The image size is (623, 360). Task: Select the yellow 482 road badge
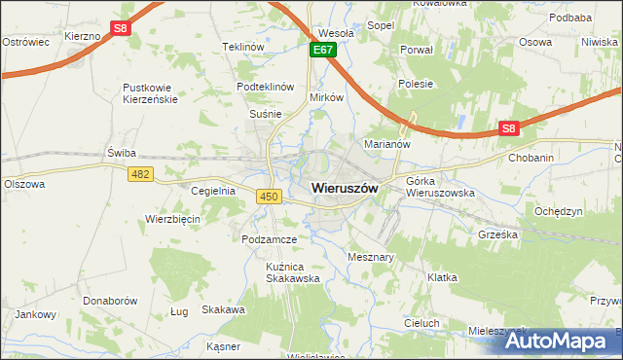point(139,172)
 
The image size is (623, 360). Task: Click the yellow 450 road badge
point(270,197)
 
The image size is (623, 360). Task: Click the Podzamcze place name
point(270,238)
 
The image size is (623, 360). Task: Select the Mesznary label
point(370,257)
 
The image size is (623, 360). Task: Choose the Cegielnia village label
point(214,191)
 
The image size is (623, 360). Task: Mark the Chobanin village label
point(531,157)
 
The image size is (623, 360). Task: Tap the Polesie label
point(416,84)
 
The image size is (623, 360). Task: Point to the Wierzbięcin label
point(172,219)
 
